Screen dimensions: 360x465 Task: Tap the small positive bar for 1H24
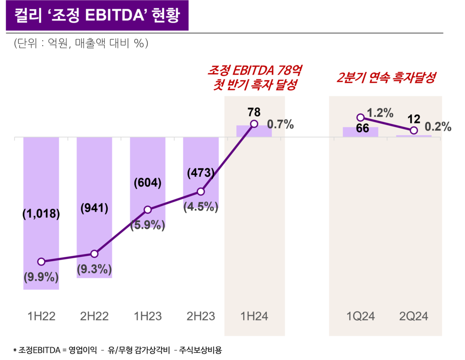pos(254,131)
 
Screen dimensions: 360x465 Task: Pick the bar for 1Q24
pos(360,132)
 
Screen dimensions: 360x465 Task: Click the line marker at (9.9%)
pos(41,262)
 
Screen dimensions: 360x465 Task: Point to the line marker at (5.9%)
pos(148,210)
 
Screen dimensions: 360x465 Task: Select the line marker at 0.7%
pos(254,124)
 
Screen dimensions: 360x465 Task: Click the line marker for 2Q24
pos(413,131)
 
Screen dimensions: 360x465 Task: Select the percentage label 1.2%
pos(380,113)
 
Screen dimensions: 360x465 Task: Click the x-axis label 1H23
pos(148,316)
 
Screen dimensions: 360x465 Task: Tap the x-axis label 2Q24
pos(414,316)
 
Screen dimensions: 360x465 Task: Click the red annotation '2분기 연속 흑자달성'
pos(386,77)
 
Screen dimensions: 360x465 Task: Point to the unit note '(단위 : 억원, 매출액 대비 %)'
pos(81,44)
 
